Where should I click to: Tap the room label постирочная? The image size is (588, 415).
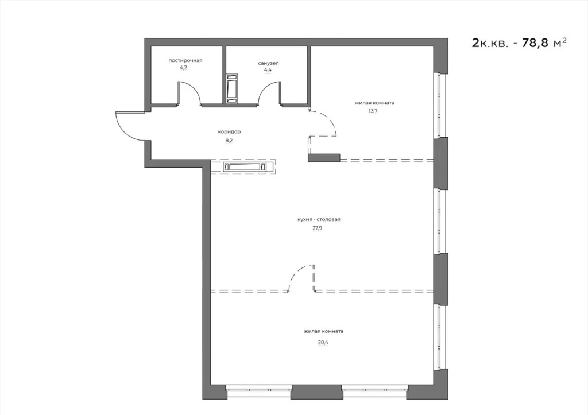click(x=185, y=60)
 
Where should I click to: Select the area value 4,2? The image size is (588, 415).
click(x=183, y=68)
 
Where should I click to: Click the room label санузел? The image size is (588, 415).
click(x=268, y=63)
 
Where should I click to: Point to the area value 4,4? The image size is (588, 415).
click(x=268, y=70)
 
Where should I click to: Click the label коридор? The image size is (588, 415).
click(x=221, y=131)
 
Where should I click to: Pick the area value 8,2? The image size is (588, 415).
click(x=221, y=139)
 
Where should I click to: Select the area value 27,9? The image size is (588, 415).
click(x=316, y=227)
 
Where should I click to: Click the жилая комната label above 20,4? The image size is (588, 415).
click(x=324, y=331)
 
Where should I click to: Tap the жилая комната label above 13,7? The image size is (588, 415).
click(x=374, y=103)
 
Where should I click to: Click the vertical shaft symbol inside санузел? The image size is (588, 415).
click(x=232, y=89)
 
